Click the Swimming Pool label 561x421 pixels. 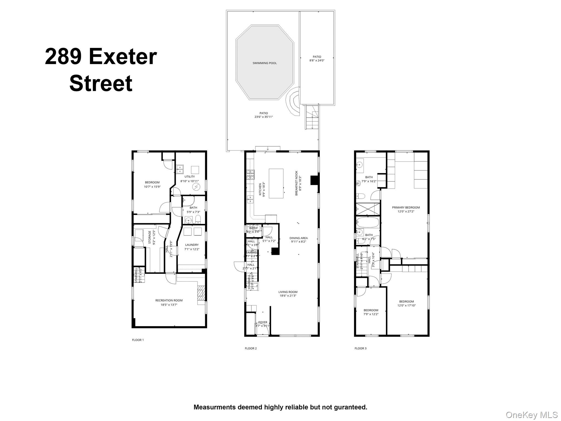264,63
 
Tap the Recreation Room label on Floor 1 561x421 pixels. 169,300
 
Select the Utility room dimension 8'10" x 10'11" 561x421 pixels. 189,181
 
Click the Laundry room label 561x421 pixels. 192,245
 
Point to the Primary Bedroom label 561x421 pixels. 406,207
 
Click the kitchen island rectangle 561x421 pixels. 276,183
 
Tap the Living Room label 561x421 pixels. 288,292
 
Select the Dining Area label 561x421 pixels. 298,238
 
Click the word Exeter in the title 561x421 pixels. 122,57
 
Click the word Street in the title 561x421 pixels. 101,83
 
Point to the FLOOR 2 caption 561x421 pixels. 251,348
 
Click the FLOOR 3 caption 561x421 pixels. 360,348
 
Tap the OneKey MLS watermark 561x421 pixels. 531,415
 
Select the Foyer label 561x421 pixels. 262,322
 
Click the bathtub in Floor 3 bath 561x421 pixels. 368,222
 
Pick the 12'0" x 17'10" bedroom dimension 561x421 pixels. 407,305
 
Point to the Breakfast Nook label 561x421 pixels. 296,183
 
